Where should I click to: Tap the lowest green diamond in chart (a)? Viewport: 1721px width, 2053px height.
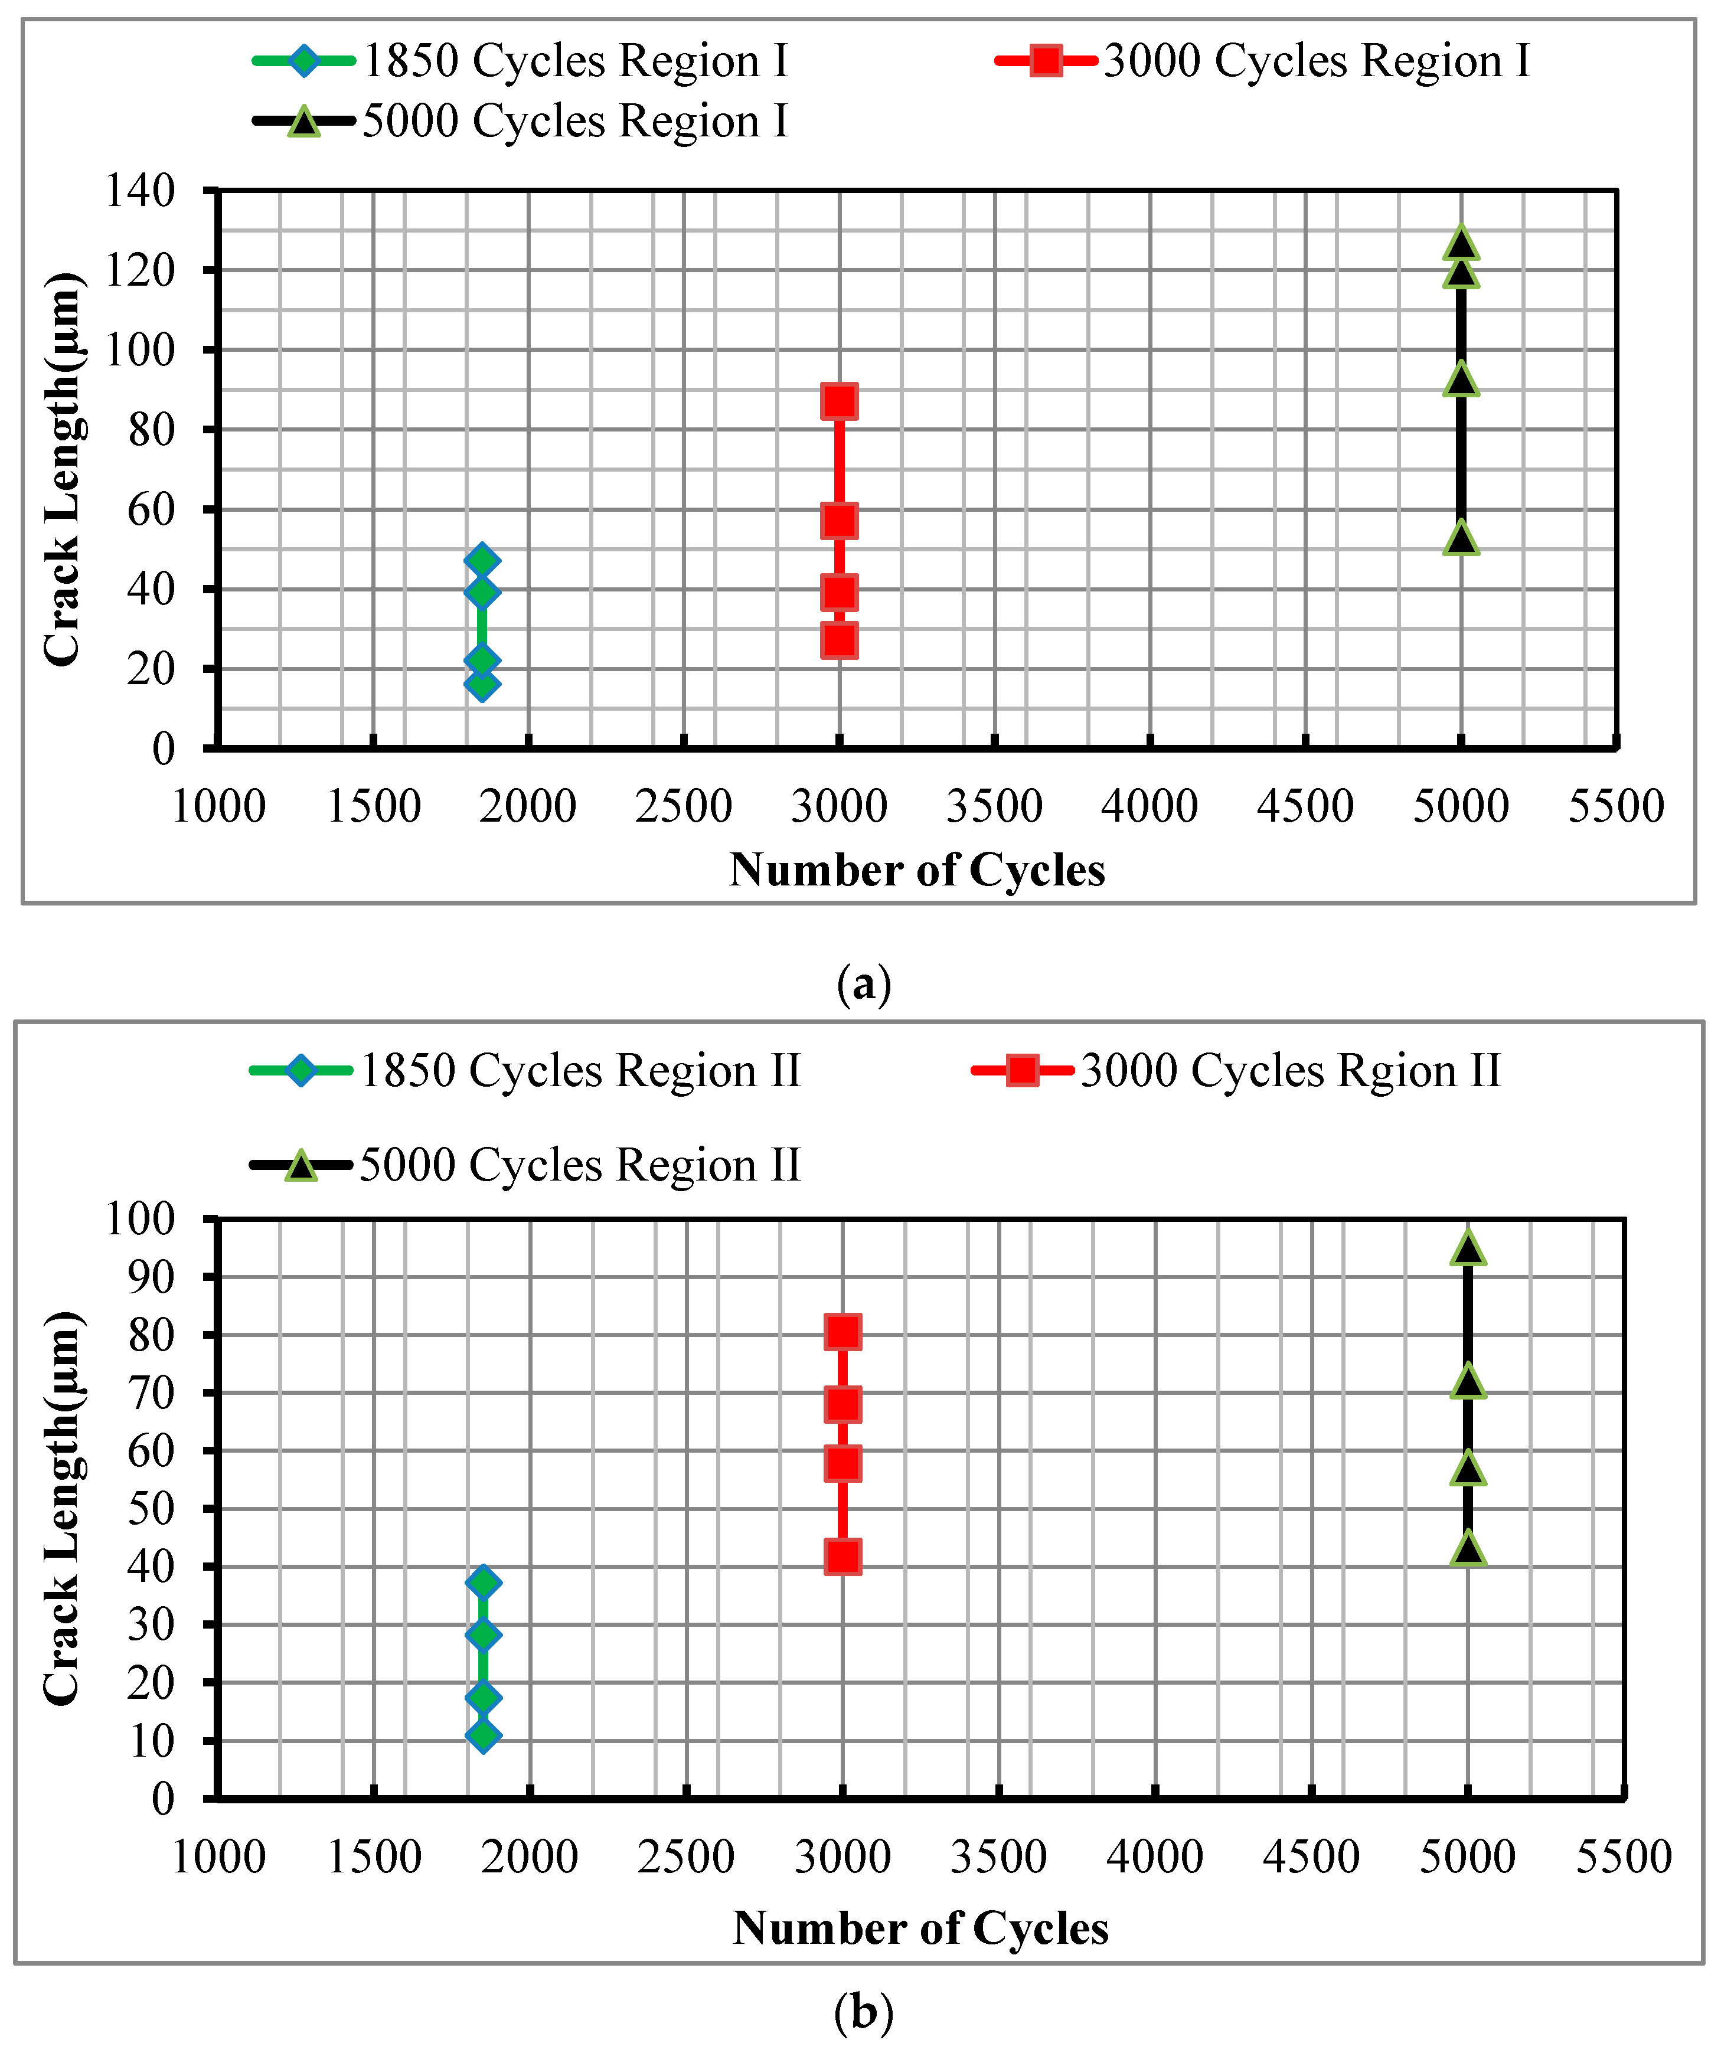pos(481,682)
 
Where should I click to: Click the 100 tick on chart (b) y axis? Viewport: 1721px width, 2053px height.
pos(140,1218)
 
